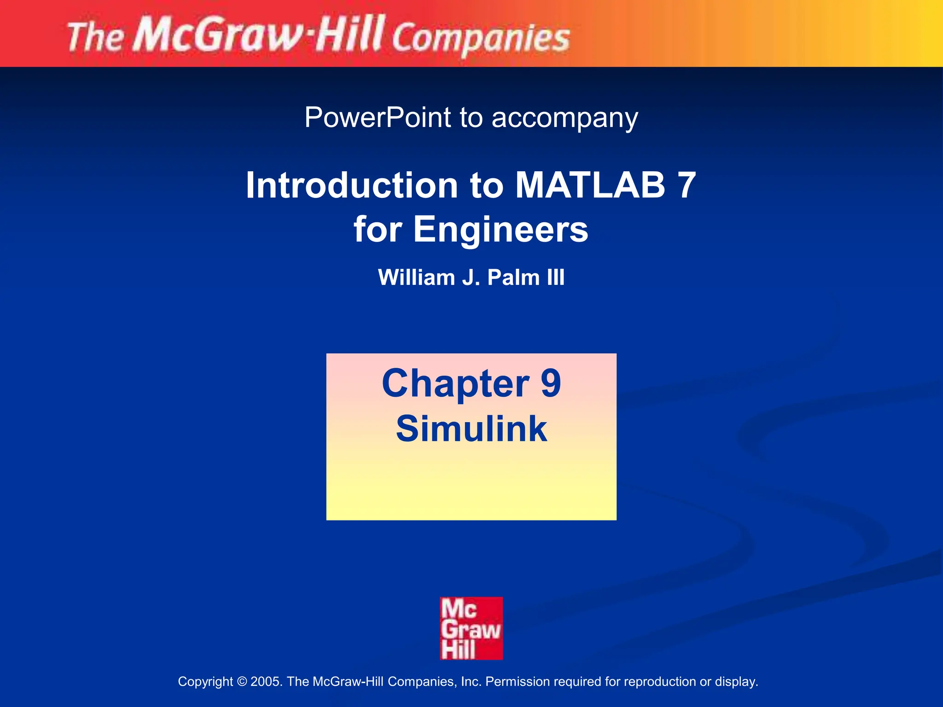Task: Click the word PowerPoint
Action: [x=377, y=118]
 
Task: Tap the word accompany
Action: [x=565, y=119]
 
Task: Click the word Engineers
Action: [x=501, y=229]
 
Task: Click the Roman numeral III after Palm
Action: [x=555, y=278]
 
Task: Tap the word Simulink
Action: [x=471, y=429]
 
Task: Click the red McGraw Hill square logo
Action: [x=471, y=628]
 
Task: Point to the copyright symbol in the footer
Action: [x=242, y=682]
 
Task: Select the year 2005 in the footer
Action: [x=264, y=682]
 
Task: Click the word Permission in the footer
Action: [x=518, y=682]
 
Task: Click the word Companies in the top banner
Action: [x=481, y=39]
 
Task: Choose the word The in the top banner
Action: [x=95, y=38]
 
